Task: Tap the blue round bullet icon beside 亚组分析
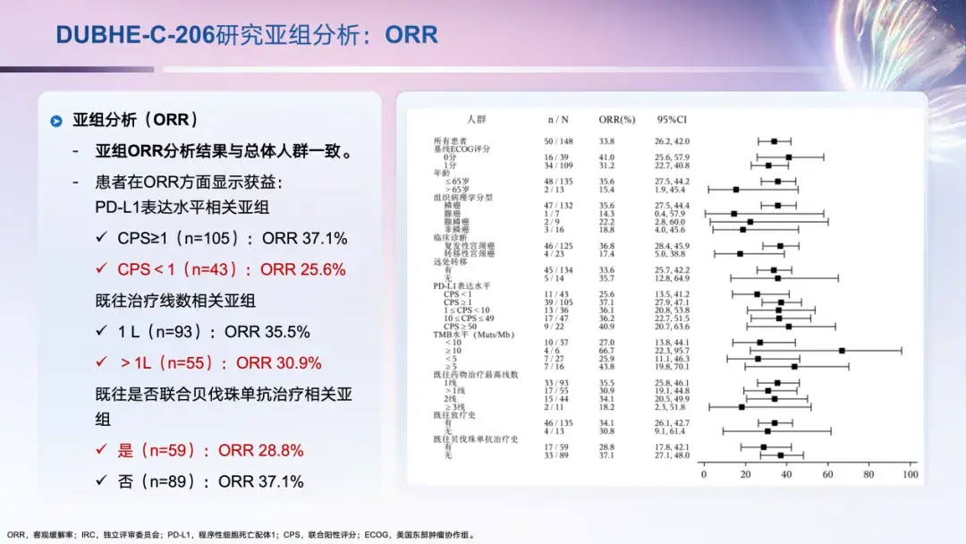[x=56, y=120]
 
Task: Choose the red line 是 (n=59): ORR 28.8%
[x=210, y=450]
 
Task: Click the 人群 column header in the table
[x=476, y=118]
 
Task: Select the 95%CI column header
[x=672, y=118]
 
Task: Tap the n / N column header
[x=557, y=118]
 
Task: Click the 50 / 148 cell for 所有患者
[x=557, y=141]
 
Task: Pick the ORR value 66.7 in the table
[x=606, y=351]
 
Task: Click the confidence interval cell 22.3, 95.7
[x=672, y=351]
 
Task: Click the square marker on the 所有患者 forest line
[x=774, y=141]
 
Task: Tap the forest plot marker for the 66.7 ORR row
[x=842, y=351]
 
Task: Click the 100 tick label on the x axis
[x=911, y=475]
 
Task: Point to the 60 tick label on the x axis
[x=827, y=475]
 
